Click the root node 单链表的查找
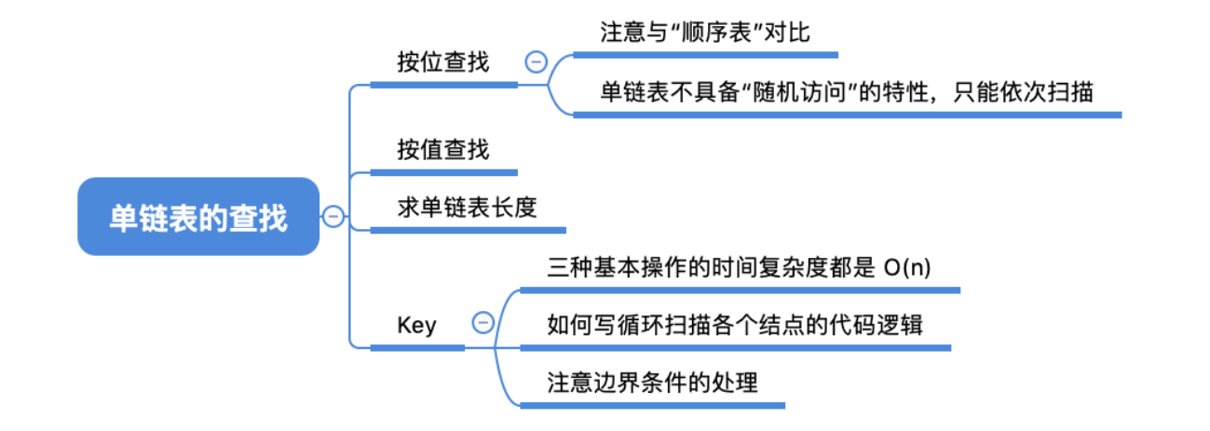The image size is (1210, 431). point(197,217)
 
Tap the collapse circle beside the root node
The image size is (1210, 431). point(333,217)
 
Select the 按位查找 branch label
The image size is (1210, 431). point(442,62)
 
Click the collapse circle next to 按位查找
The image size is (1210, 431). point(536,62)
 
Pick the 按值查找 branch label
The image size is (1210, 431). point(442,149)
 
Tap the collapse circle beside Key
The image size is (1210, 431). point(483,323)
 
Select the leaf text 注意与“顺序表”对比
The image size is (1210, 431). point(704,33)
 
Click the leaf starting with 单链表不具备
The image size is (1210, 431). point(846,92)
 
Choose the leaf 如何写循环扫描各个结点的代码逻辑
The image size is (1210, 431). point(735,324)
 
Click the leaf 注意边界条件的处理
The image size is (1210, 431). point(652,382)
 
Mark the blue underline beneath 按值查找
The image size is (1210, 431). point(443,172)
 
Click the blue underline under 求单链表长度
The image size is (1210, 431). point(467,229)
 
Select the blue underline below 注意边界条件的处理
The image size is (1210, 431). point(652,405)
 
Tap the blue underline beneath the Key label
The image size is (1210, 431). point(417,347)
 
